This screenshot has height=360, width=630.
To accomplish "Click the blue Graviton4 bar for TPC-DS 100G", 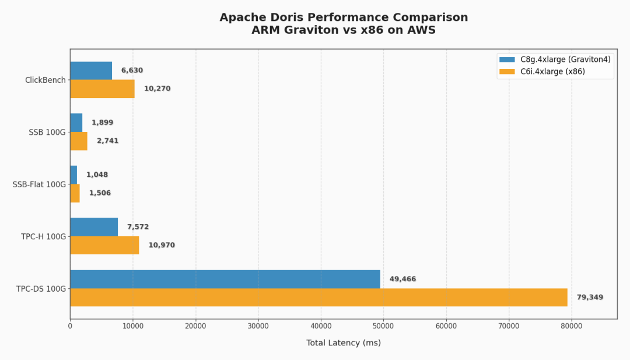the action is [x=225, y=279].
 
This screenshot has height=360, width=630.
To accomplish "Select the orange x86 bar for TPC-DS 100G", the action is [x=318, y=298].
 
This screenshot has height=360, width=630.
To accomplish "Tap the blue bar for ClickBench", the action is [x=91, y=71].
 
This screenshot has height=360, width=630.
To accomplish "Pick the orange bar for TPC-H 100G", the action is [x=104, y=245].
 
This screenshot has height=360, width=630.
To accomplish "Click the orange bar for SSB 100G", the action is [x=79, y=141].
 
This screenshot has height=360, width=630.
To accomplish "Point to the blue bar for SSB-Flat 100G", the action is [x=73, y=175].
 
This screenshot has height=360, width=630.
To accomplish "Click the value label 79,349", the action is [x=590, y=298].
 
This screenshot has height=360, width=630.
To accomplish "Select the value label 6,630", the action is [x=132, y=71].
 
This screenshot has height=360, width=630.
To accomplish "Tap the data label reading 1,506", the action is [x=100, y=193].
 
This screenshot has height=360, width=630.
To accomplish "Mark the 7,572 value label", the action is [x=138, y=226].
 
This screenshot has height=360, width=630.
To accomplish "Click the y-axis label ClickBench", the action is [x=45, y=80].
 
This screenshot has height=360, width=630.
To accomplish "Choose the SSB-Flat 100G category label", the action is [x=39, y=184].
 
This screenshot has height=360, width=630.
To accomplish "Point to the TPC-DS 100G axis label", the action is [x=41, y=289].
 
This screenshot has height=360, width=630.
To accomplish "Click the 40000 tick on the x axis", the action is [x=321, y=326].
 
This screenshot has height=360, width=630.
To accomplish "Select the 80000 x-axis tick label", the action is [x=571, y=326].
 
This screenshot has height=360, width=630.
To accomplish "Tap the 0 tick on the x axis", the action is [x=71, y=326].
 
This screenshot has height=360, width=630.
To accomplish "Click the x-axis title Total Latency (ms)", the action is [x=344, y=342].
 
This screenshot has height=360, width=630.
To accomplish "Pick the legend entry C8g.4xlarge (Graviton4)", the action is [x=555, y=60].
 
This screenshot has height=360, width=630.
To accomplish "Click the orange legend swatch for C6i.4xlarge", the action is [x=507, y=72].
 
